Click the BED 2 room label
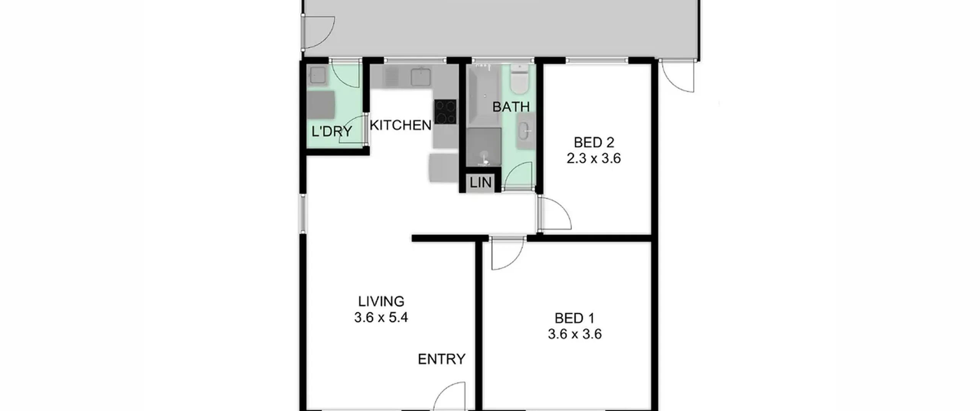[594, 143]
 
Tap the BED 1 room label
[575, 318]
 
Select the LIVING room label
[381, 302]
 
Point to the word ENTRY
[441, 359]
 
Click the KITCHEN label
[400, 125]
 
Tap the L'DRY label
[332, 132]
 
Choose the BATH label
[511, 107]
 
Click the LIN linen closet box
[480, 183]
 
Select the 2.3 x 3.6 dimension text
[593, 158]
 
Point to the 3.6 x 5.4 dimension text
[381, 318]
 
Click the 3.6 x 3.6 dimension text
[575, 334]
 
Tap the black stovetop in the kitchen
[445, 112]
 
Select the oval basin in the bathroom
[524, 132]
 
